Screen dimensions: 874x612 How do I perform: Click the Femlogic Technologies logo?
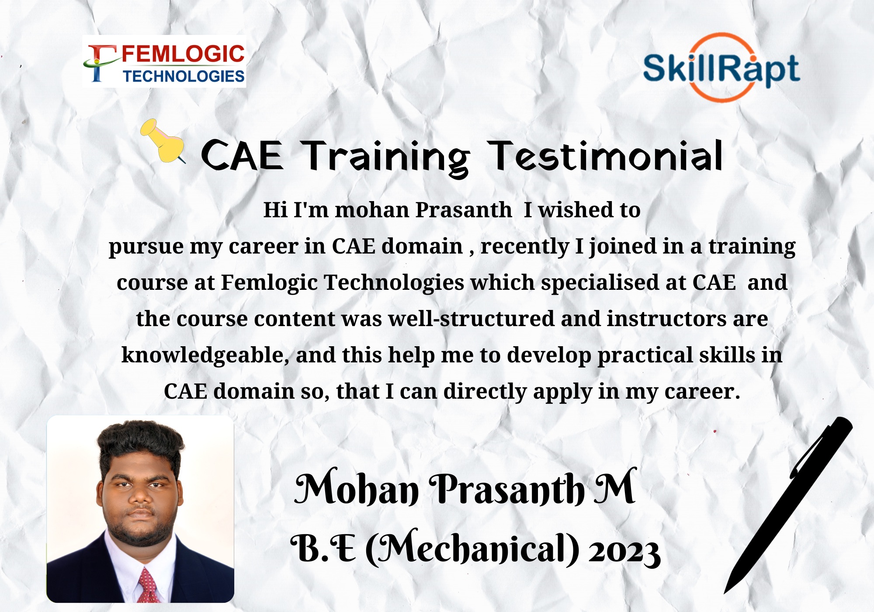(164, 61)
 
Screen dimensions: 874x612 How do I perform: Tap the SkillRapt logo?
(721, 68)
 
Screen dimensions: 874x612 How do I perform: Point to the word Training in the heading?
(386, 158)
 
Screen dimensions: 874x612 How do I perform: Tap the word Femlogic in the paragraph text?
(269, 283)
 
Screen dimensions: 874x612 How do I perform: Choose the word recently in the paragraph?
(525, 247)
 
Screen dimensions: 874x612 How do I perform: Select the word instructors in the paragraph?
(666, 319)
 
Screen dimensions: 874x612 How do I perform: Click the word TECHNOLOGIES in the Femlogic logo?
(184, 76)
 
